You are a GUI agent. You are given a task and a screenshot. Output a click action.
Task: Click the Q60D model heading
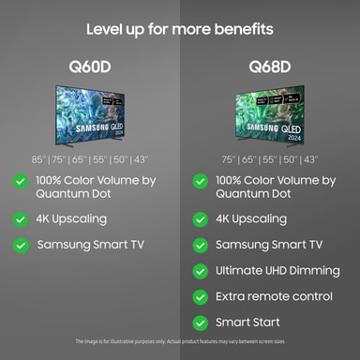[90, 67]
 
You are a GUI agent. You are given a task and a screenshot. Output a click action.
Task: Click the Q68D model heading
[269, 67]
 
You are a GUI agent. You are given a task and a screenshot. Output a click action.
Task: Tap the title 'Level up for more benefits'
[180, 29]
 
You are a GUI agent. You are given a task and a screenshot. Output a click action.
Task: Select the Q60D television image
[90, 115]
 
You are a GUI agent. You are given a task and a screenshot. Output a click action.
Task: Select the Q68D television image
[269, 115]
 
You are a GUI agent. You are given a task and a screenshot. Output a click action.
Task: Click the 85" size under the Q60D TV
[38, 159]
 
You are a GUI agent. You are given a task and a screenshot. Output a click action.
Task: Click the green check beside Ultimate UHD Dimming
[200, 271]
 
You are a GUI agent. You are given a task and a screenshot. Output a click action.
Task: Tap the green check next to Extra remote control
[200, 296]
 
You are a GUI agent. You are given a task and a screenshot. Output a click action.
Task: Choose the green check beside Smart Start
[200, 322]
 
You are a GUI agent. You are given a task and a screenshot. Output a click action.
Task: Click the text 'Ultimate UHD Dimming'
[277, 271]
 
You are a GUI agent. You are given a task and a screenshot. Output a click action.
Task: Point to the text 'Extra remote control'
[274, 296]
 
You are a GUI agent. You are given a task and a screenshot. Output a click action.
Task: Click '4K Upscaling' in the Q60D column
[71, 219]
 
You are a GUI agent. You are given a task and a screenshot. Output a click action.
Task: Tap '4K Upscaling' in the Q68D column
[251, 219]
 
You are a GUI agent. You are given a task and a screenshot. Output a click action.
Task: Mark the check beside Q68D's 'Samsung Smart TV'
[200, 245]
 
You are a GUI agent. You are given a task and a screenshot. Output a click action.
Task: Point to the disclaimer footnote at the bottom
[180, 341]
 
